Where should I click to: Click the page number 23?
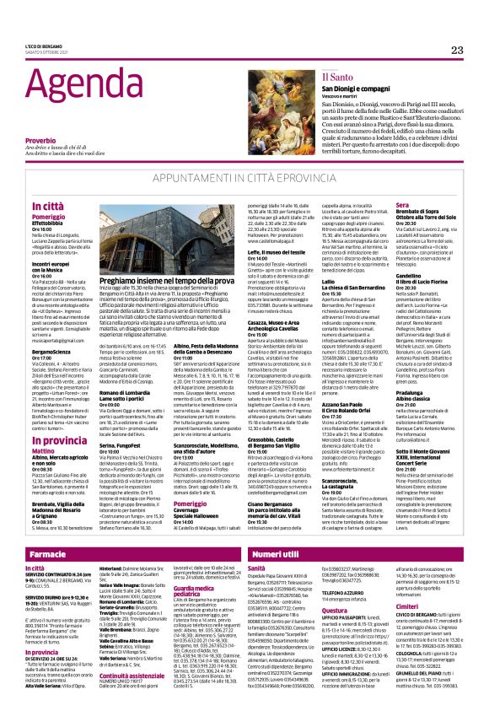pyautogui.click(x=457, y=51)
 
